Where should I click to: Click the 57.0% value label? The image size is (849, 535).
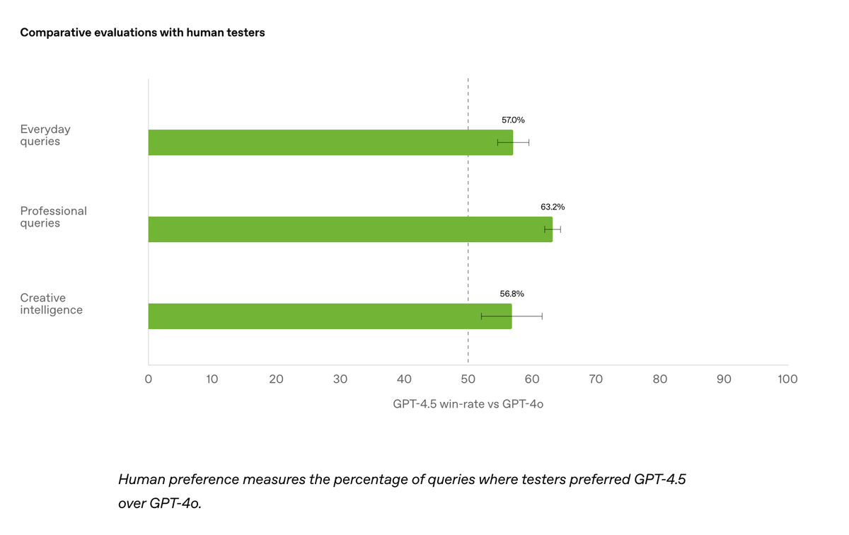coord(513,120)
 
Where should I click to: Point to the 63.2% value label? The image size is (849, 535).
coord(553,207)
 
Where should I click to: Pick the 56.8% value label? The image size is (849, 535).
coord(512,293)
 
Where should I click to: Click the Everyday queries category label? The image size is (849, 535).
coord(45,135)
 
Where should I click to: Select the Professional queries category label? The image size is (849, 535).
coord(54,217)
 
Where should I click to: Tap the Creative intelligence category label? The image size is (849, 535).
coord(52,304)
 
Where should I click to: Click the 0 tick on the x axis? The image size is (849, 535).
coord(148,379)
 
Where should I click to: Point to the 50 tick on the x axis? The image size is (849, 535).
coord(468,379)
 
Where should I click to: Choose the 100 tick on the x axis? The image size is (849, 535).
coord(787,379)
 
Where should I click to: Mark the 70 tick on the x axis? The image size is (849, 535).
coord(596,379)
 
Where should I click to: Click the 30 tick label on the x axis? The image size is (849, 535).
coord(340,379)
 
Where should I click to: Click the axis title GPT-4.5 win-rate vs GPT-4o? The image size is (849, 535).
coord(468,405)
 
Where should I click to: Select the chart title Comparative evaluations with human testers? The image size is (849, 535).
coord(142,33)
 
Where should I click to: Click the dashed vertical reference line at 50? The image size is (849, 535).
coord(468,184)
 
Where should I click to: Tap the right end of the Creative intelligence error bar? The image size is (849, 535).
coord(542,316)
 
